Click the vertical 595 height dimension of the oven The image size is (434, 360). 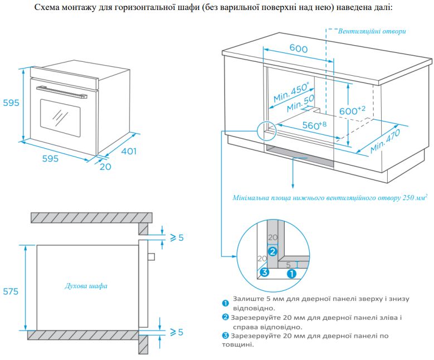[x=9, y=103]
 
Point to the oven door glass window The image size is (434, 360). [x=60, y=116]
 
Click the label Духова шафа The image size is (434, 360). [x=86, y=286]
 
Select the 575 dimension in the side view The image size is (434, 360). [x=10, y=291]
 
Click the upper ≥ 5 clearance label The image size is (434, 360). [x=177, y=237]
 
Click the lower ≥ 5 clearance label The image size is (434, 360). [x=177, y=332]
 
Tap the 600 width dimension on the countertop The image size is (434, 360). [x=298, y=49]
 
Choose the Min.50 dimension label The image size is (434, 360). [x=301, y=104]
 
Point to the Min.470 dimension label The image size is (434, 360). [x=385, y=142]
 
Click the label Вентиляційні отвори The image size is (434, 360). [x=372, y=31]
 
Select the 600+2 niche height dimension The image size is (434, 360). [x=352, y=110]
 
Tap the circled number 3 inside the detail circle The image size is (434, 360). [x=265, y=273]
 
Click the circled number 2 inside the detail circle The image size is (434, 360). [x=272, y=251]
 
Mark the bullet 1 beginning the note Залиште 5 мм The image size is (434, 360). [x=226, y=303]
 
